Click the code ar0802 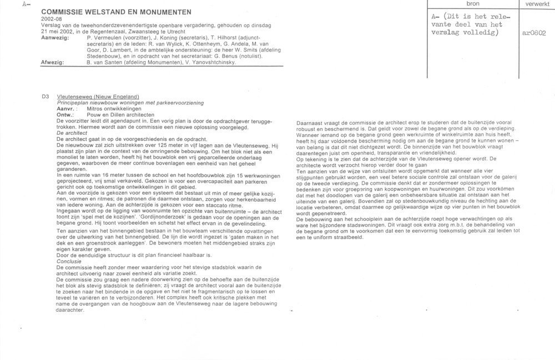tap(534, 33)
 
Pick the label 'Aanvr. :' tap(68, 108)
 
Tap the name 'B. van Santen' tap(105, 63)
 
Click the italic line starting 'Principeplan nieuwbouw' tap(130, 103)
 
